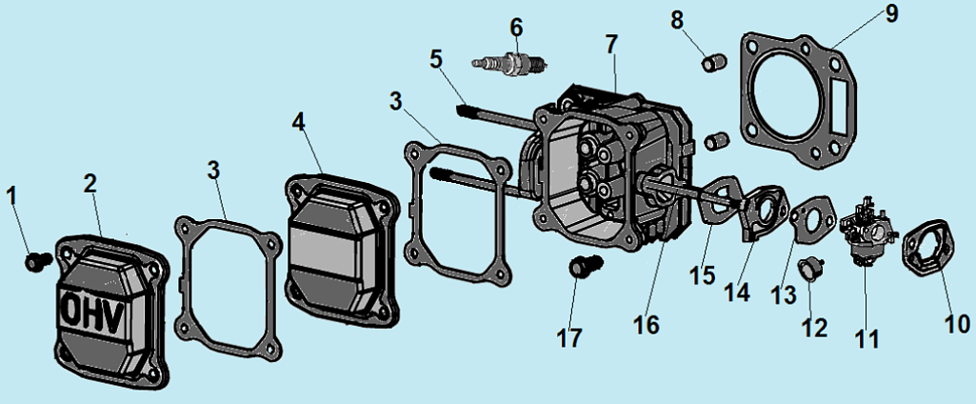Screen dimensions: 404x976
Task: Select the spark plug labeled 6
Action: (x=513, y=64)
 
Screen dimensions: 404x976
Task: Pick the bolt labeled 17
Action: (x=581, y=267)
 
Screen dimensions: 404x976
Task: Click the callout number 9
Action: (x=891, y=13)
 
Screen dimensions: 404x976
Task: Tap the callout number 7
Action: (x=611, y=44)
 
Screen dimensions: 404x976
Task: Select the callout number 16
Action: (x=645, y=324)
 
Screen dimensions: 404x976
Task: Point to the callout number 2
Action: (x=90, y=184)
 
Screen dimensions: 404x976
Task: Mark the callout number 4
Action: (x=299, y=122)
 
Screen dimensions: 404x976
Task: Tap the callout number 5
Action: (x=435, y=58)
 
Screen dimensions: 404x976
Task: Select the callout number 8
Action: (x=677, y=20)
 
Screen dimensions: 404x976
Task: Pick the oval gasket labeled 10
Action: (x=924, y=248)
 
